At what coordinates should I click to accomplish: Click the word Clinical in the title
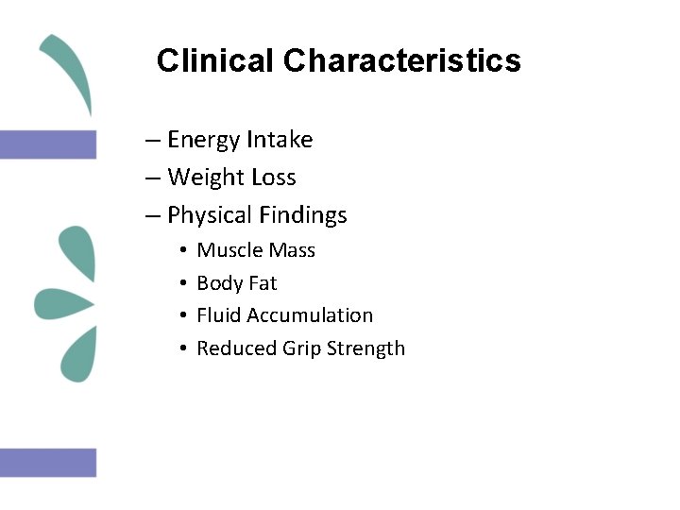(x=216, y=61)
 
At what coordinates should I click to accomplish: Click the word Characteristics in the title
(x=401, y=61)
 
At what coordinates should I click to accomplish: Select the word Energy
(x=203, y=141)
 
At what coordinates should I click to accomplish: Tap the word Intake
(x=280, y=140)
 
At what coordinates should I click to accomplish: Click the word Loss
(x=273, y=178)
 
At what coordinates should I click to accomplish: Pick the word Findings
(x=301, y=216)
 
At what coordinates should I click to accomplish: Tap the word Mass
(x=293, y=250)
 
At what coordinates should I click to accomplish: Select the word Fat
(x=263, y=283)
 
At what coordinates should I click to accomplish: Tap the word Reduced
(x=236, y=348)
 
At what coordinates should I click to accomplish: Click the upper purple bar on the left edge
(x=48, y=144)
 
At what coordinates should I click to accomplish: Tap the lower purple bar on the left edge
(x=48, y=463)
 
